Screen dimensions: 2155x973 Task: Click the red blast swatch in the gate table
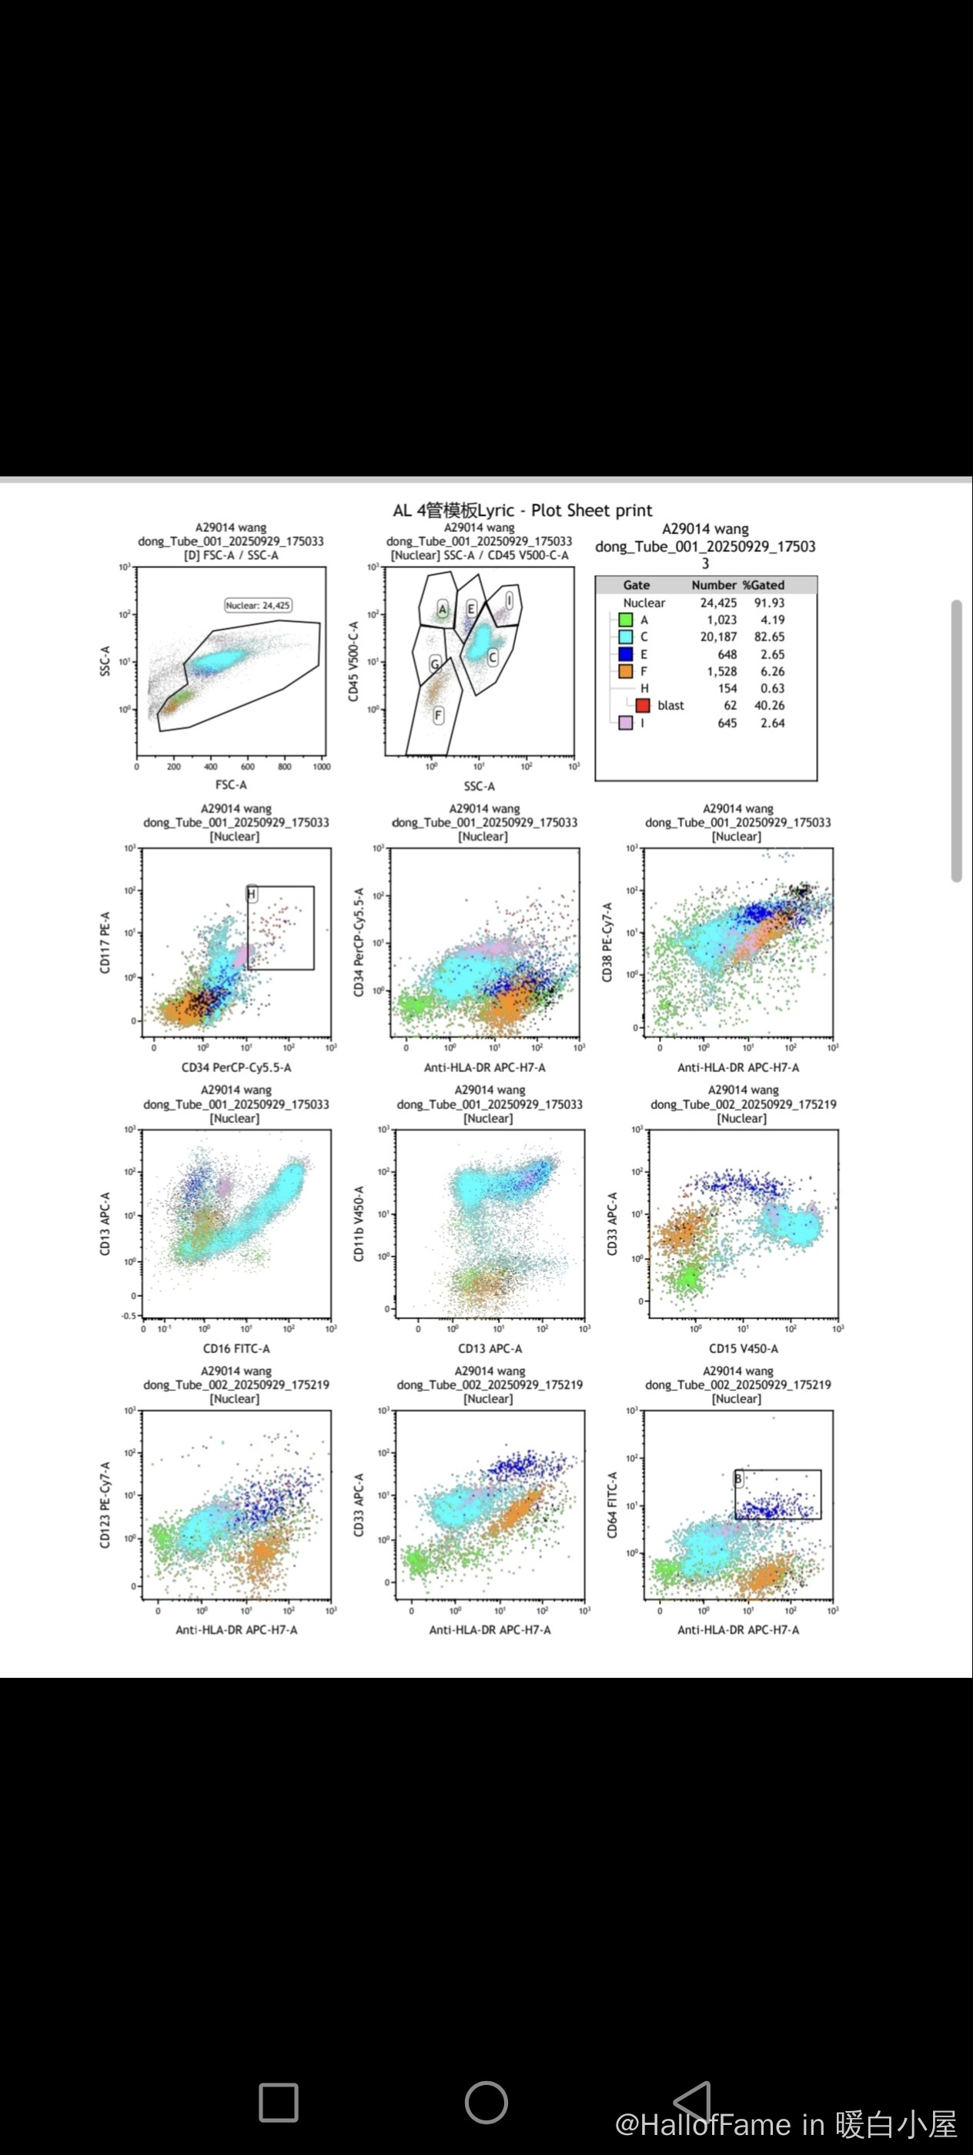[x=643, y=706]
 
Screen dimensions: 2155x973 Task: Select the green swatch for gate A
[x=625, y=620]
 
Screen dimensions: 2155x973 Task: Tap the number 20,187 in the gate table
[x=718, y=637]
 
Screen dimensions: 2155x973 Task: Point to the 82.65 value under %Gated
[x=769, y=637]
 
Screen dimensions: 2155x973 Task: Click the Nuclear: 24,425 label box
[x=259, y=605]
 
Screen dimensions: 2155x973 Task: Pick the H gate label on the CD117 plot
[x=251, y=894]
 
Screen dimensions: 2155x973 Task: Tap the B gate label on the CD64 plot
[x=739, y=1479]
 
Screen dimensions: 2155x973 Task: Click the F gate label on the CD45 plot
[x=437, y=715]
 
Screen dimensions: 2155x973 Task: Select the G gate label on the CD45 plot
[x=434, y=664]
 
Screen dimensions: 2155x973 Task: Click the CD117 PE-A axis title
[x=105, y=942]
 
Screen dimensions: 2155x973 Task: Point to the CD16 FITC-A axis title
[x=236, y=1348]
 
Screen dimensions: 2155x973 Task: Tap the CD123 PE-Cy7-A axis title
[x=105, y=1505]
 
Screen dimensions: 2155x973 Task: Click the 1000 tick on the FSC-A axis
[x=321, y=767]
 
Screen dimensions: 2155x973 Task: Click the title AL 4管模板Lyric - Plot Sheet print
[x=522, y=510]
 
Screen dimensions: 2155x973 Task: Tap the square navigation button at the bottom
[x=279, y=2103]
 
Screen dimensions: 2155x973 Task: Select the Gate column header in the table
[x=636, y=585]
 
